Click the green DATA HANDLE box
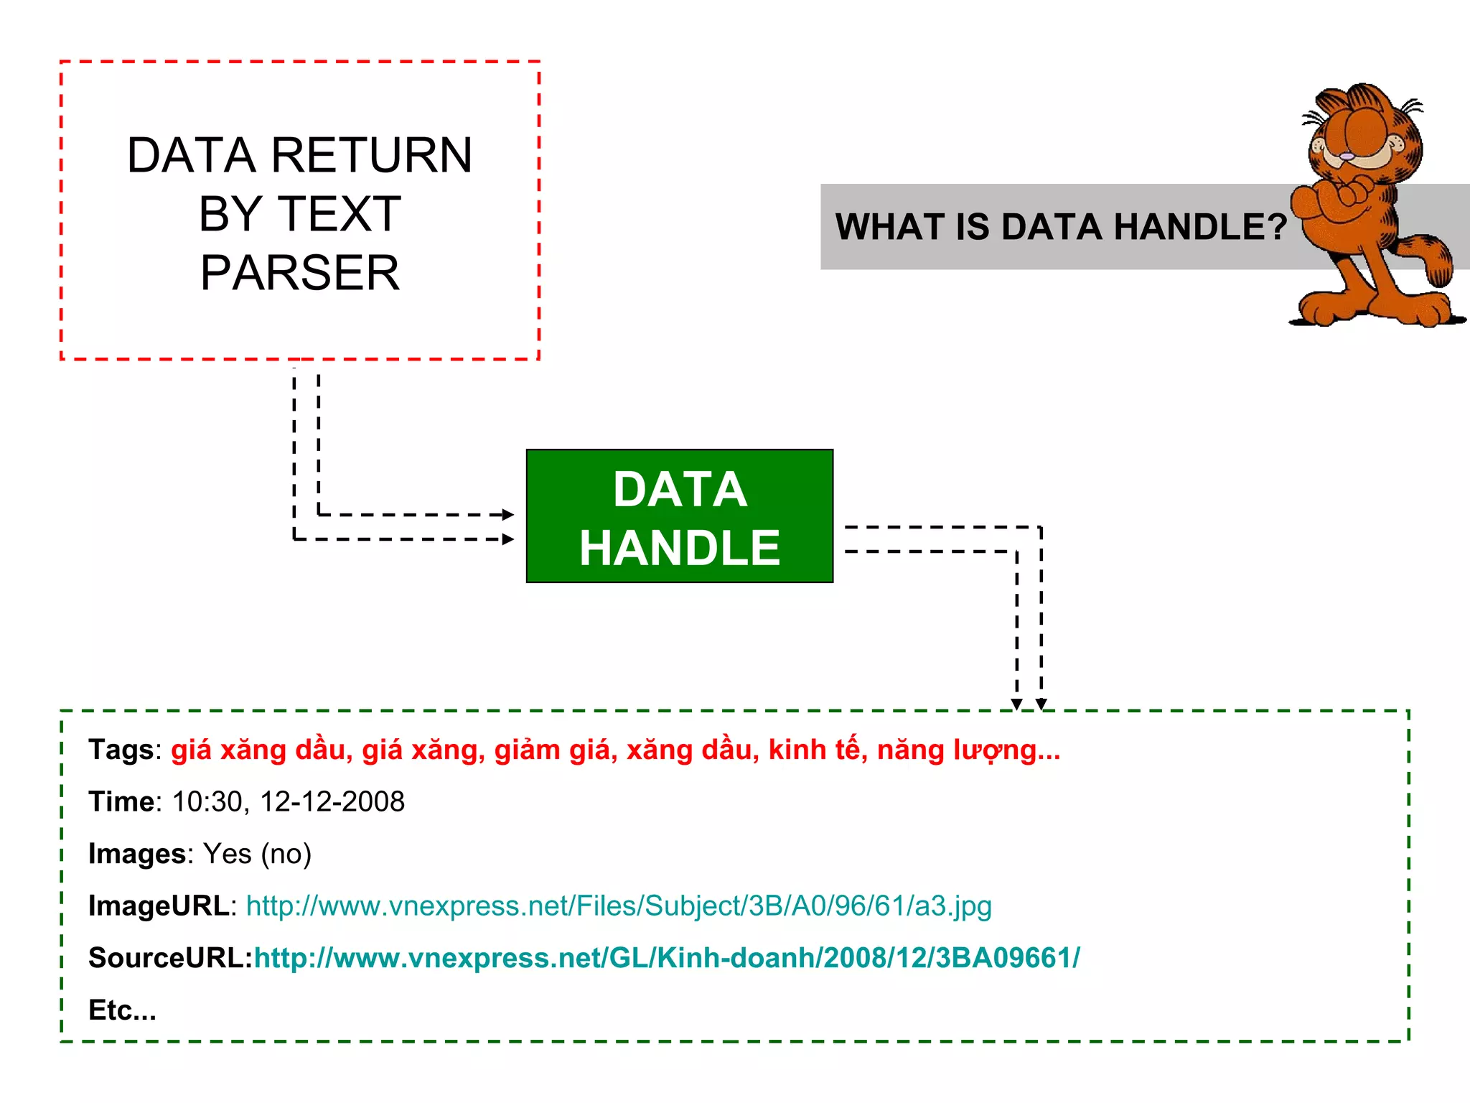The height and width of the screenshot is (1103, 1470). point(679,516)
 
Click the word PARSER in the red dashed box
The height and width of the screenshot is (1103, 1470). point(299,273)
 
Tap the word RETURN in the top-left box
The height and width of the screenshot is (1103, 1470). point(372,155)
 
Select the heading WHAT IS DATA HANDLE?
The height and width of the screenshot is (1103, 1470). point(1061,227)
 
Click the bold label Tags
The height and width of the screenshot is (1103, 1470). point(121,750)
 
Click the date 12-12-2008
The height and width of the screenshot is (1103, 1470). point(332,802)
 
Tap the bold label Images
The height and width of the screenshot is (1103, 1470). point(137,854)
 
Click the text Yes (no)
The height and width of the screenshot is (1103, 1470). point(257,854)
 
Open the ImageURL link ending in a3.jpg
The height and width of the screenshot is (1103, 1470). point(619,906)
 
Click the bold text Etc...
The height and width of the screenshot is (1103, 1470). point(121,1010)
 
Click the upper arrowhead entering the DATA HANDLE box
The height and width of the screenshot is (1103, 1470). point(508,515)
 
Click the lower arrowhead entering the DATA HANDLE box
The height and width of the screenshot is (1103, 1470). point(508,539)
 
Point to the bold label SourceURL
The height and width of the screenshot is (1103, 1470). point(169,958)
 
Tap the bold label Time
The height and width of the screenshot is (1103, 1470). point(121,802)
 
